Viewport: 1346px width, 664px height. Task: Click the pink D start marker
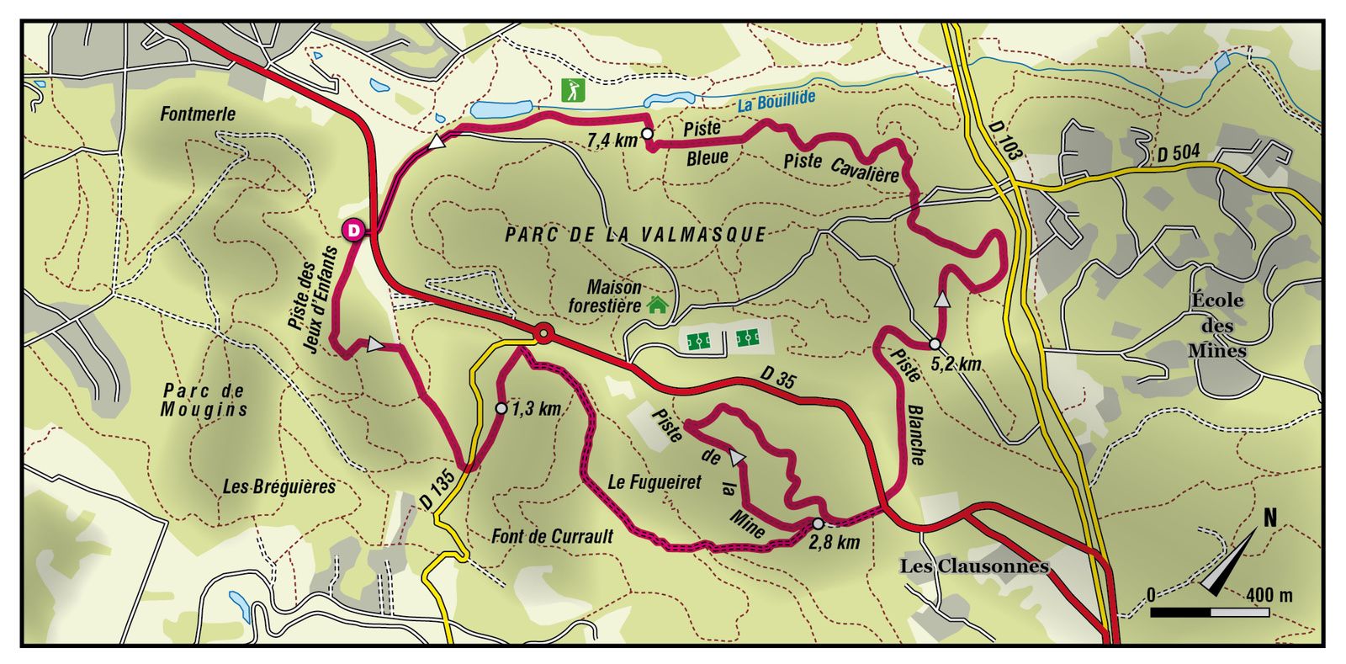click(353, 230)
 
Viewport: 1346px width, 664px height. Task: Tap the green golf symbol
click(573, 89)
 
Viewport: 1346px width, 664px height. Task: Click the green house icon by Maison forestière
click(657, 305)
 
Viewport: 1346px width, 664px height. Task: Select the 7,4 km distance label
click(612, 140)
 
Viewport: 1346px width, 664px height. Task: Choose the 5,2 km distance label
click(957, 364)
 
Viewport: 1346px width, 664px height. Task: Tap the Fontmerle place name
click(198, 114)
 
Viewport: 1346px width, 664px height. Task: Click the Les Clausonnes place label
click(974, 566)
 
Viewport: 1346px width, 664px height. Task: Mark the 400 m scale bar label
click(1269, 595)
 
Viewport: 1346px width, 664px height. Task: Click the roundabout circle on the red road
click(544, 335)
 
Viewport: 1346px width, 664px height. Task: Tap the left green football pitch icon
click(698, 341)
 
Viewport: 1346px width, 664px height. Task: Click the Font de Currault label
click(553, 536)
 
